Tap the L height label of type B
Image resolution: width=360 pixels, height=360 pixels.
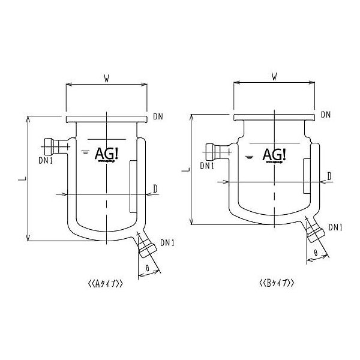click(x=184, y=170)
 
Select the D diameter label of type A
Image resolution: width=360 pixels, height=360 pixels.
click(x=155, y=189)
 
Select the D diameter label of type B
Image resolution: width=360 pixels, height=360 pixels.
click(x=329, y=176)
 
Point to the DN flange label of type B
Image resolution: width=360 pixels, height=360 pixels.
click(x=326, y=114)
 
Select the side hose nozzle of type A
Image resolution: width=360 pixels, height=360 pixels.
click(x=53, y=145)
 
